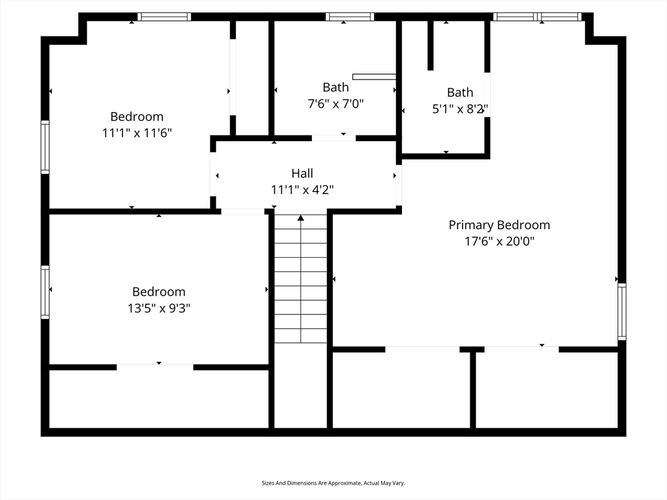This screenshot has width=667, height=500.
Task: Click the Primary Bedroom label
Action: click(499, 225)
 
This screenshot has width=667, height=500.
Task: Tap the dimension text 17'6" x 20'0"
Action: click(499, 241)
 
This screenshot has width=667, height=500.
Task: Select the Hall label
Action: click(302, 173)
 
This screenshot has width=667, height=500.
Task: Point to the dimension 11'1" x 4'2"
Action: click(302, 189)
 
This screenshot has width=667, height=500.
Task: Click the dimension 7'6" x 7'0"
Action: click(335, 104)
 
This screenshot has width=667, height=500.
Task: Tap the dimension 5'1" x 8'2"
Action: click(460, 109)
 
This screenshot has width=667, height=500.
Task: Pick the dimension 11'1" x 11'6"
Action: click(137, 133)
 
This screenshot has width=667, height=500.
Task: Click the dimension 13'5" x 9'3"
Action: click(159, 308)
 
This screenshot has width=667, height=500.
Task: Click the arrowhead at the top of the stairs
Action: click(301, 218)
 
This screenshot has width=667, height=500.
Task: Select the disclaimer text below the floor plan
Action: click(333, 483)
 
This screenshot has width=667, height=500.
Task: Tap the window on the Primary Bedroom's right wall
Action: click(621, 311)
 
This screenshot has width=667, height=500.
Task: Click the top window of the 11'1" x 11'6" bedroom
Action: click(163, 16)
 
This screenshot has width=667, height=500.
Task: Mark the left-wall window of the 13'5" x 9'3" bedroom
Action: click(45, 292)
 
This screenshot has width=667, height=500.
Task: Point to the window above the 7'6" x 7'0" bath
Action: click(350, 16)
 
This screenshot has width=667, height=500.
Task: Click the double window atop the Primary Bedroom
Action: click(537, 16)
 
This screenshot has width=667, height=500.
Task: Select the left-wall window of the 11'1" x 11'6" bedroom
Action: click(45, 147)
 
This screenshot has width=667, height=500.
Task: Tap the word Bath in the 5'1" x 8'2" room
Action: click(460, 92)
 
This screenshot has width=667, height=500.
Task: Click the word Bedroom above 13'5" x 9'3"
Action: click(159, 292)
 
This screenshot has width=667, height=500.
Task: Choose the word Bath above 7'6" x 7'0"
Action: click(335, 87)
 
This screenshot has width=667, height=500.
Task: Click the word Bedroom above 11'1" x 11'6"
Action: click(137, 117)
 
